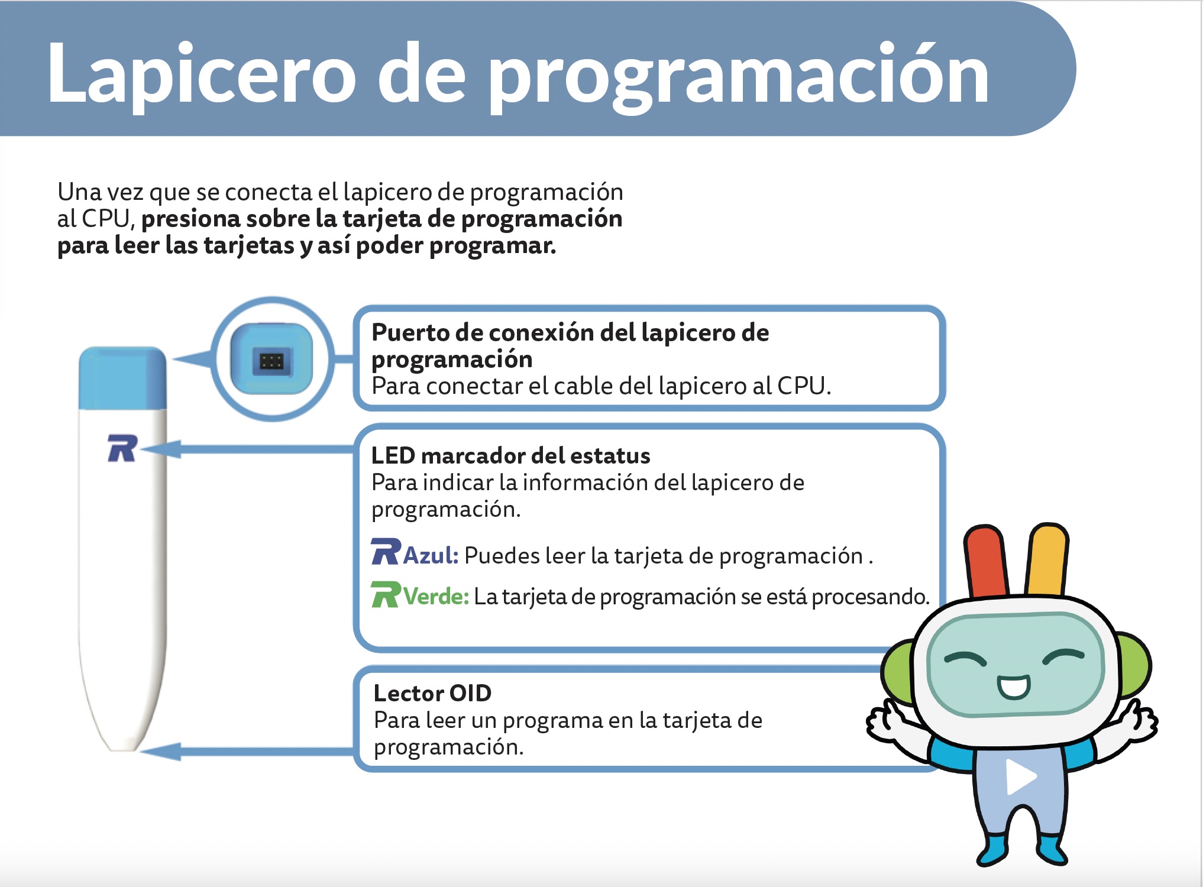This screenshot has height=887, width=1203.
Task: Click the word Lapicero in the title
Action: click(201, 74)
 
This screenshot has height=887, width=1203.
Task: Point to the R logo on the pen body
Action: click(122, 448)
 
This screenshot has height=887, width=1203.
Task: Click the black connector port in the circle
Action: click(271, 361)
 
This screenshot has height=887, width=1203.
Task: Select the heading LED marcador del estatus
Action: click(510, 456)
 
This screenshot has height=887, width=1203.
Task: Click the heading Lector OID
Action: click(432, 693)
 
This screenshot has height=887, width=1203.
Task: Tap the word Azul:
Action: click(431, 555)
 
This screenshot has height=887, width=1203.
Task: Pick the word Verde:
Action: click(436, 596)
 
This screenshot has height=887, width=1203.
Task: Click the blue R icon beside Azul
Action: click(386, 552)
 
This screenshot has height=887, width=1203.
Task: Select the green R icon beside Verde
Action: click(386, 594)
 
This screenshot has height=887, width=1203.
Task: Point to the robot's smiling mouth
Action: click(1014, 687)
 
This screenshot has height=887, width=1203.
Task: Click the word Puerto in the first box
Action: click(410, 332)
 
